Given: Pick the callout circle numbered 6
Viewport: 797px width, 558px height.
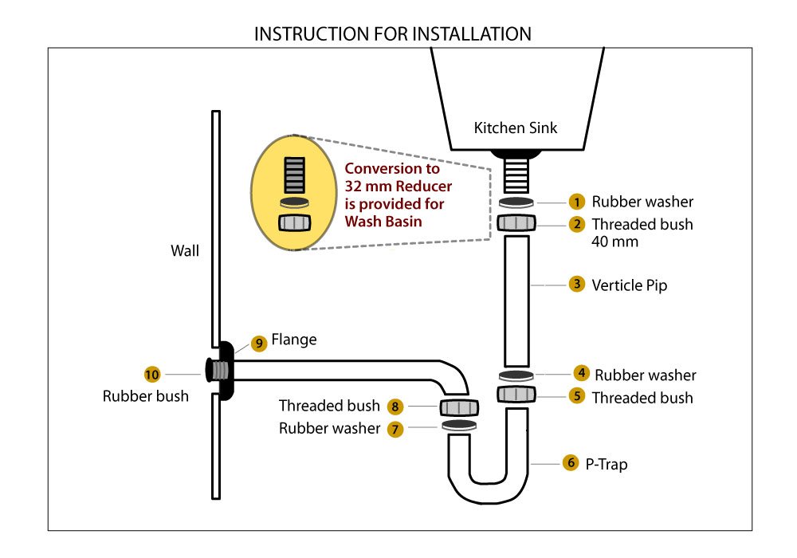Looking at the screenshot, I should [570, 462].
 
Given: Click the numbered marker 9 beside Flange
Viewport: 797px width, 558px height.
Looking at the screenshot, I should [258, 343].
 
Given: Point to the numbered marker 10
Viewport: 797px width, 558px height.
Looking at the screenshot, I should [152, 373].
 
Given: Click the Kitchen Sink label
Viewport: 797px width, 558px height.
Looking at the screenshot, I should [516, 128].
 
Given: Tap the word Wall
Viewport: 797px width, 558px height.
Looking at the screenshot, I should [185, 251].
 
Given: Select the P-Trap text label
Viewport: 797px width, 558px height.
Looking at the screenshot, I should [608, 463].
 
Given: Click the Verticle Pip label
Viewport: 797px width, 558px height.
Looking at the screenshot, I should [630, 285].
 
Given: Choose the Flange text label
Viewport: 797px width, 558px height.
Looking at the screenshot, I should [294, 340].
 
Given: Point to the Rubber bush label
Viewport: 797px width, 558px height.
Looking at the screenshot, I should [146, 395].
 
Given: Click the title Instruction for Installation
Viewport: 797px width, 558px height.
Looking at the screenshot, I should [392, 34].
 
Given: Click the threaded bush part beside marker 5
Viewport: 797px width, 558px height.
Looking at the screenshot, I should [516, 395].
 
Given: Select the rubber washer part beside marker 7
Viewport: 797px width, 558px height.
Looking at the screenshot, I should [458, 426].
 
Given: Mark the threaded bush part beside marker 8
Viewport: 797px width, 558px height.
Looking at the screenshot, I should [458, 407].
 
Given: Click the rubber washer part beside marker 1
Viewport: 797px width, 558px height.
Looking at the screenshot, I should [516, 202].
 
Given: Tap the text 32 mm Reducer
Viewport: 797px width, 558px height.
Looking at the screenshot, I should [398, 187].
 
